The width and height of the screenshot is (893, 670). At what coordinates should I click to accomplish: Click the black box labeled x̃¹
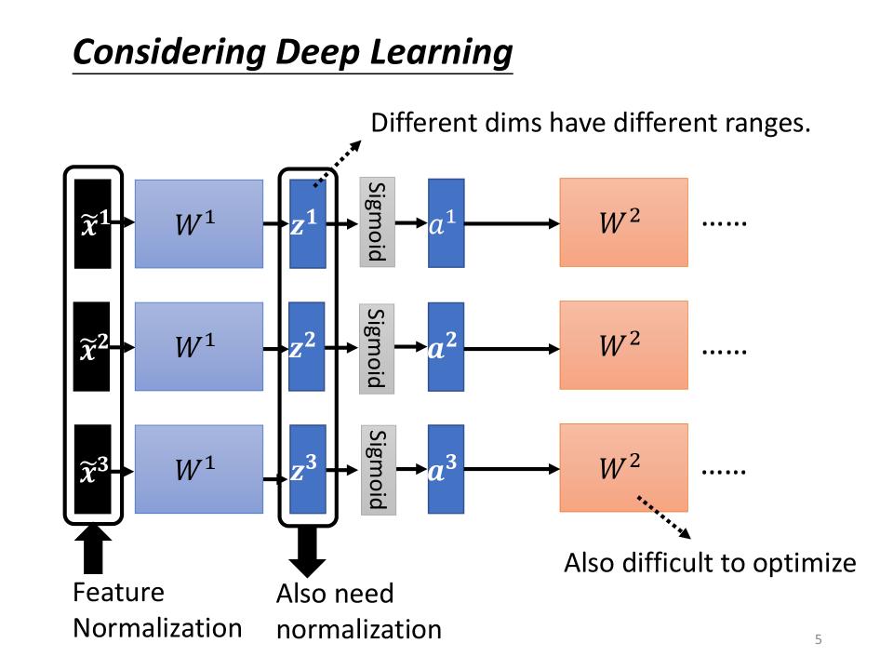(x=93, y=224)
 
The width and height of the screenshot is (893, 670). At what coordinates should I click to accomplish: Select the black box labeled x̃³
(x=93, y=470)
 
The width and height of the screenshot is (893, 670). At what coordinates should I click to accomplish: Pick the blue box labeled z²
(x=307, y=347)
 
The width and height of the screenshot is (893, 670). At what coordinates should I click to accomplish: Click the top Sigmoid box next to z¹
(x=377, y=221)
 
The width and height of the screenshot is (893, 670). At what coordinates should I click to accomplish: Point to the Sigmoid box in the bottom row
(x=378, y=470)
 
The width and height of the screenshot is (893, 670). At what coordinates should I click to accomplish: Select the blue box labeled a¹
(x=446, y=224)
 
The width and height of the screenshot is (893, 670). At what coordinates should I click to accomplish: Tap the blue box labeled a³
(x=446, y=470)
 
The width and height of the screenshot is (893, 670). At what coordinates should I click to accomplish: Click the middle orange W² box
(x=623, y=345)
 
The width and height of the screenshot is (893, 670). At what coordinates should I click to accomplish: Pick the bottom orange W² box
(x=623, y=468)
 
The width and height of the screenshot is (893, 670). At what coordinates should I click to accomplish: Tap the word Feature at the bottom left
(x=118, y=593)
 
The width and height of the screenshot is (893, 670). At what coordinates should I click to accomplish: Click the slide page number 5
(x=819, y=639)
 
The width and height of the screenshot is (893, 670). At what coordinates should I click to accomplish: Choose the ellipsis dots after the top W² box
(x=724, y=224)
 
